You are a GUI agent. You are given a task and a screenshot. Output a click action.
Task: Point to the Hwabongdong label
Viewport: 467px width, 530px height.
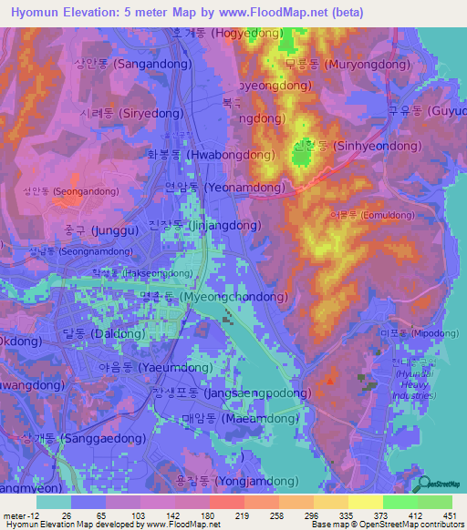pyautogui.click(x=211, y=156)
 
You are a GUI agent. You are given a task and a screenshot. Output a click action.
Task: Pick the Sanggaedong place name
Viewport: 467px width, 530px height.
pyautogui.click(x=78, y=438)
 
